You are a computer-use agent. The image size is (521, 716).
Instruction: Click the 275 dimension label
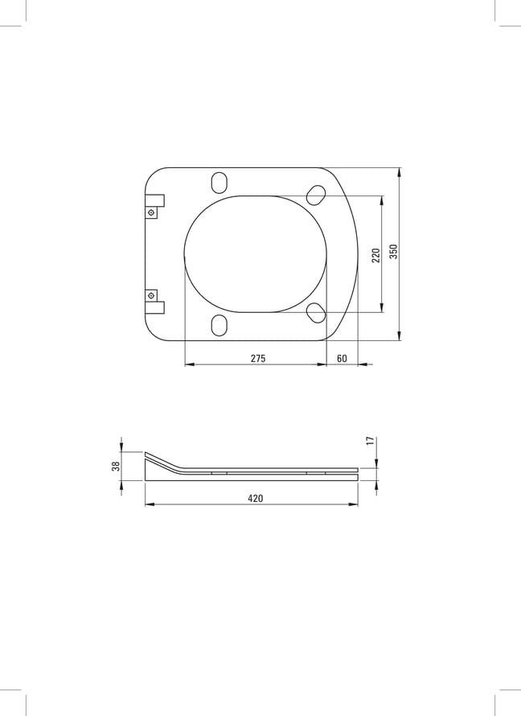258,359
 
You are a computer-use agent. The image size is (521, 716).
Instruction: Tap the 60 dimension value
342,359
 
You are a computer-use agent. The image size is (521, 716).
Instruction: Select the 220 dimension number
376,255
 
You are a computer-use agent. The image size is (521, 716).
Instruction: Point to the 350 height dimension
394,251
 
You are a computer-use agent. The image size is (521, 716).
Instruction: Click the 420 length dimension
256,498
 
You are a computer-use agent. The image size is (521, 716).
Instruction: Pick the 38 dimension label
117,466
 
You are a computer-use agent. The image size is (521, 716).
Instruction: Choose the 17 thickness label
371,441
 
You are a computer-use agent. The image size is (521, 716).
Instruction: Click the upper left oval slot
219,182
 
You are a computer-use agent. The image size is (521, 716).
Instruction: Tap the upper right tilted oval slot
316,195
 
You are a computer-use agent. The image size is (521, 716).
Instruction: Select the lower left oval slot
219,325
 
